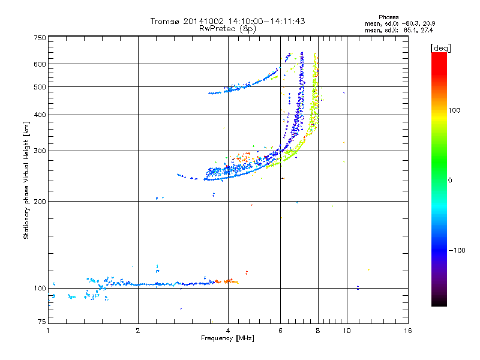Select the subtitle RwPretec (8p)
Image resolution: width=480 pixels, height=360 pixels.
(227, 29)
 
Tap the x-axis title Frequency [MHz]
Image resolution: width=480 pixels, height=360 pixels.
(227, 338)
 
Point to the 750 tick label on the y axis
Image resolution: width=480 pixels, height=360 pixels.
(40, 38)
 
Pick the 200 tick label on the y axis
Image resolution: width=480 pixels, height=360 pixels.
(40, 202)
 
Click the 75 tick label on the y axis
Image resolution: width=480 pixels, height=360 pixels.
(42, 322)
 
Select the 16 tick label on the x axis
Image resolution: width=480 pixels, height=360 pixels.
(407, 331)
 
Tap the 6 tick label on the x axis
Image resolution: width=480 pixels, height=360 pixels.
(280, 331)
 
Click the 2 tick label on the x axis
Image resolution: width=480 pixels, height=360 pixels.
(138, 331)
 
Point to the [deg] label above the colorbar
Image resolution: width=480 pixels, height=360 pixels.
(440, 48)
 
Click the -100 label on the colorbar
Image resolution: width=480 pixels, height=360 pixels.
(457, 250)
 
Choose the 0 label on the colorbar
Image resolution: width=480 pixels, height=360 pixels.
(450, 180)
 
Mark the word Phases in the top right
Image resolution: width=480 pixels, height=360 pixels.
(388, 17)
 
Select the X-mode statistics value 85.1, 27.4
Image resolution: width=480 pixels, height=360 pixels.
(418, 30)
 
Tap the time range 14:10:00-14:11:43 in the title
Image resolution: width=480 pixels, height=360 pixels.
(266, 21)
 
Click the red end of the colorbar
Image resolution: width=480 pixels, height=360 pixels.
(439, 55)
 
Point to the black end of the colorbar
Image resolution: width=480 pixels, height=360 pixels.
(439, 304)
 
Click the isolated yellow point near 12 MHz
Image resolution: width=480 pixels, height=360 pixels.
(368, 269)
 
